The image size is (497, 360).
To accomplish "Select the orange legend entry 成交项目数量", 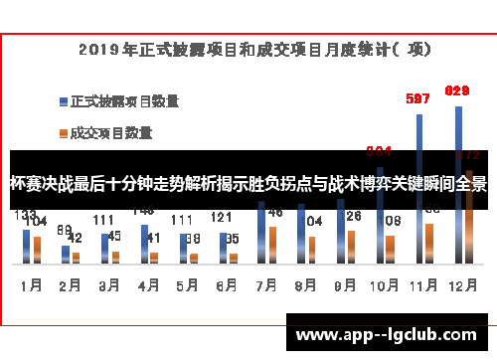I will (110, 130).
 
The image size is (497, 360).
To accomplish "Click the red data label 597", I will (418, 98).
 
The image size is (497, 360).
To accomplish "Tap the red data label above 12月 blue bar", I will (457, 91).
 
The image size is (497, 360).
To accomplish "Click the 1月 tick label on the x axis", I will (31, 284).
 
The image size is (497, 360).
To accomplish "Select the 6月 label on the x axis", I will (226, 284).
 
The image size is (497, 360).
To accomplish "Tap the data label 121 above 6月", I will (221, 218).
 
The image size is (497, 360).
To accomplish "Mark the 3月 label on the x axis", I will (109, 284).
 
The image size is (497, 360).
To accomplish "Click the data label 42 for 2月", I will (75, 239).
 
